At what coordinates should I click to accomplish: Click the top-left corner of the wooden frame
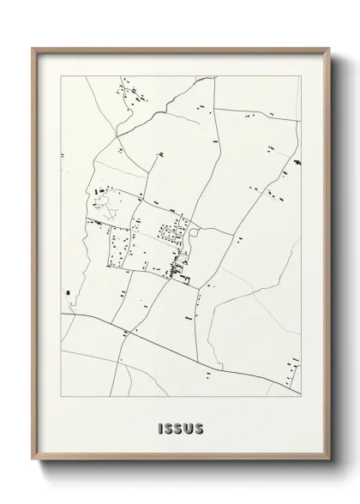[x=33, y=48]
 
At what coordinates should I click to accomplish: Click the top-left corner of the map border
[x=61, y=76]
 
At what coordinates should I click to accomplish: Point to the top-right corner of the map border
[x=299, y=76]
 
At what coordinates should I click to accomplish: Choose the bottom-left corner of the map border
[x=61, y=399]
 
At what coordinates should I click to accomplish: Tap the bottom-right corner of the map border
[x=299, y=399]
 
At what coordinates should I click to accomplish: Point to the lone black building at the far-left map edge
[x=66, y=295]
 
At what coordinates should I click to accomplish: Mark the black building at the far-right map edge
[x=297, y=161]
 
